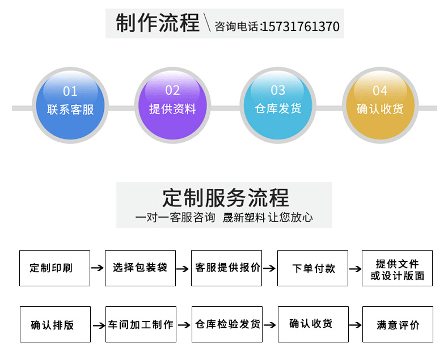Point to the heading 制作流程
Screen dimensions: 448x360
pyautogui.click(x=158, y=24)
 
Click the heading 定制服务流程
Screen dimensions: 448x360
pyautogui.click(x=225, y=197)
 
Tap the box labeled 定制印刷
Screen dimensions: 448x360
pyautogui.click(x=54, y=268)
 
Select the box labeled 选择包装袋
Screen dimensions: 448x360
pyautogui.click(x=140, y=268)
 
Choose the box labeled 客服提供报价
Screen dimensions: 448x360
pyautogui.click(x=226, y=268)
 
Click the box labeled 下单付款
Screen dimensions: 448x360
pyautogui.click(x=312, y=268)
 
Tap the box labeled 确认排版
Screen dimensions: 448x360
pyautogui.click(x=55, y=324)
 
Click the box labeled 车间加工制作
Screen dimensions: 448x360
pyautogui.click(x=141, y=324)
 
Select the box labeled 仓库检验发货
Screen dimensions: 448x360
pyautogui.click(x=227, y=324)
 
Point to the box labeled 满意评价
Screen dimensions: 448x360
pyautogui.click(x=398, y=324)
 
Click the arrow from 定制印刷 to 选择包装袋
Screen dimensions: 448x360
pyautogui.click(x=98, y=268)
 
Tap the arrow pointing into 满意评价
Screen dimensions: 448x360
pyautogui.click(x=355, y=325)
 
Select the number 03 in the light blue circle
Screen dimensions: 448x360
pyautogui.click(x=278, y=90)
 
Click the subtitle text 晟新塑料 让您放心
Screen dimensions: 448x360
pyautogui.click(x=268, y=218)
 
